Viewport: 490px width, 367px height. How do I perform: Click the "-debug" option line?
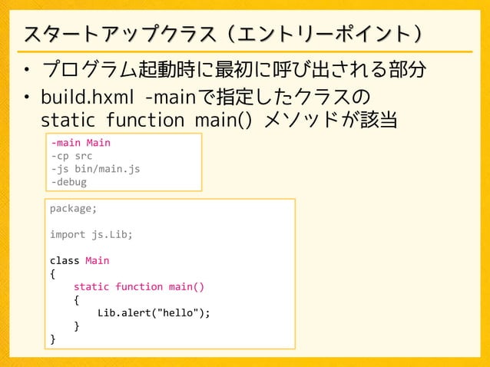[68, 182]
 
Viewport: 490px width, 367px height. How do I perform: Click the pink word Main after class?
[98, 260]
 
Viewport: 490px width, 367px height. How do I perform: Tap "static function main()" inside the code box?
[139, 286]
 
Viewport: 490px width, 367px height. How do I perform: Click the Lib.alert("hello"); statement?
[154, 312]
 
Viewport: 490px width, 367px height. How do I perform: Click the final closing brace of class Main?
[53, 339]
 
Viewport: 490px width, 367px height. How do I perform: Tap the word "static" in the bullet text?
[67, 121]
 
